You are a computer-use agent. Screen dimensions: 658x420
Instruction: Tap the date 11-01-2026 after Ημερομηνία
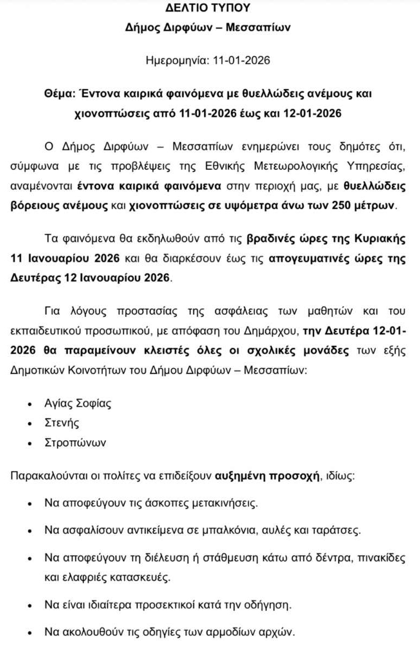point(240,60)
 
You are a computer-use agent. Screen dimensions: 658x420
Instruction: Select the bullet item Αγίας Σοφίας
point(77,404)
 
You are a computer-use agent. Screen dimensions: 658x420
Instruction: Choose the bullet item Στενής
point(62,423)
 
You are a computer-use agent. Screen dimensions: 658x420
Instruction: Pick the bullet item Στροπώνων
point(75,442)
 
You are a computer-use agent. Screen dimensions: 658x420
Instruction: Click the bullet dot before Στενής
point(31,424)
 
